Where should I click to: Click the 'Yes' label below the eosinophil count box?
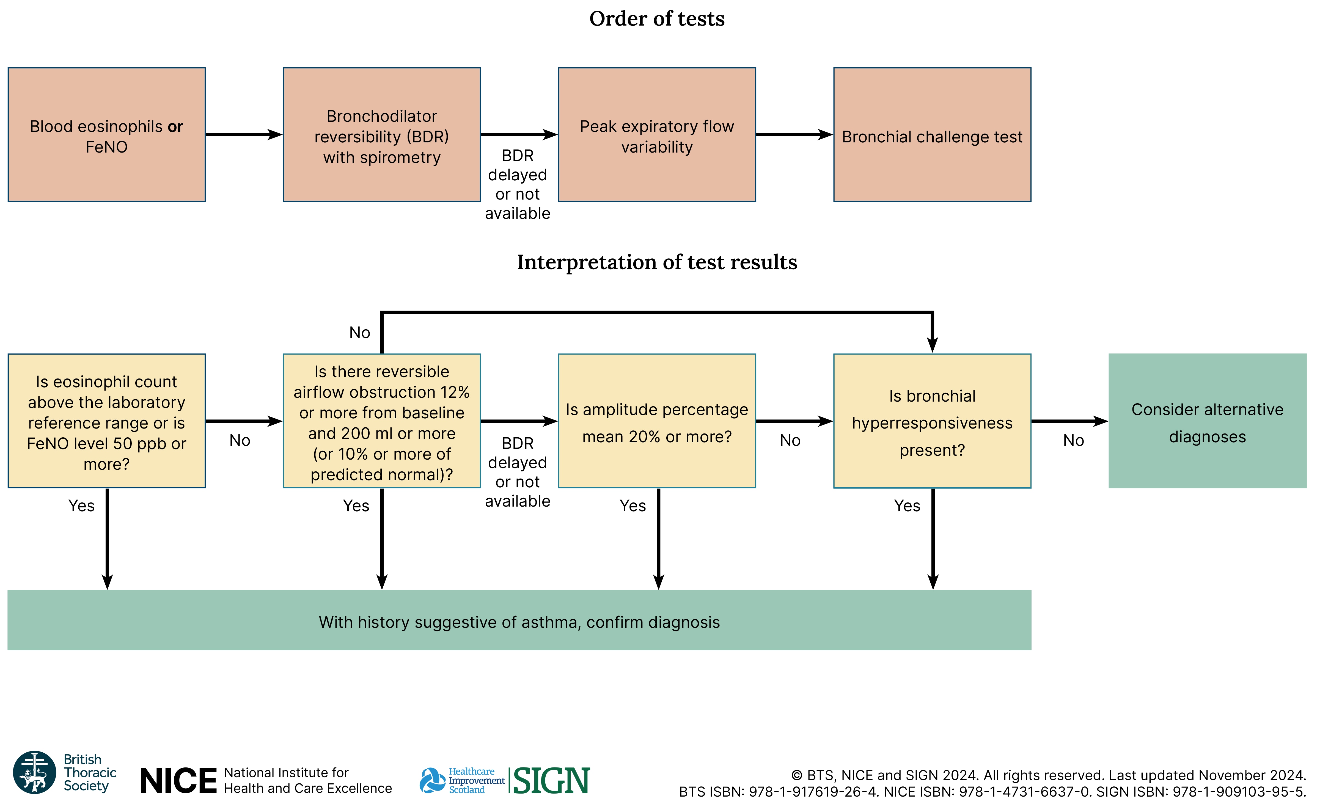click(x=81, y=505)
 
